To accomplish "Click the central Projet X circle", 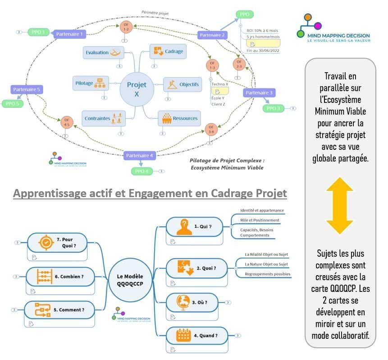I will [137, 88].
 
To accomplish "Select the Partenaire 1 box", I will [69, 34].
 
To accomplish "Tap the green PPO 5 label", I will [12, 104].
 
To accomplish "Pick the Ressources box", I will [179, 118].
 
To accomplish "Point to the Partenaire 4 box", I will [139, 156].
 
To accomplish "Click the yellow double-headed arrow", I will [340, 206].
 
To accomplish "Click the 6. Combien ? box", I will [60, 276].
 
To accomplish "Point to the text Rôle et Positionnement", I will [260, 220].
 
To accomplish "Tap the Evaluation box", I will [103, 52].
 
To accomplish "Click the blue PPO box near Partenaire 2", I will [244, 14].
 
